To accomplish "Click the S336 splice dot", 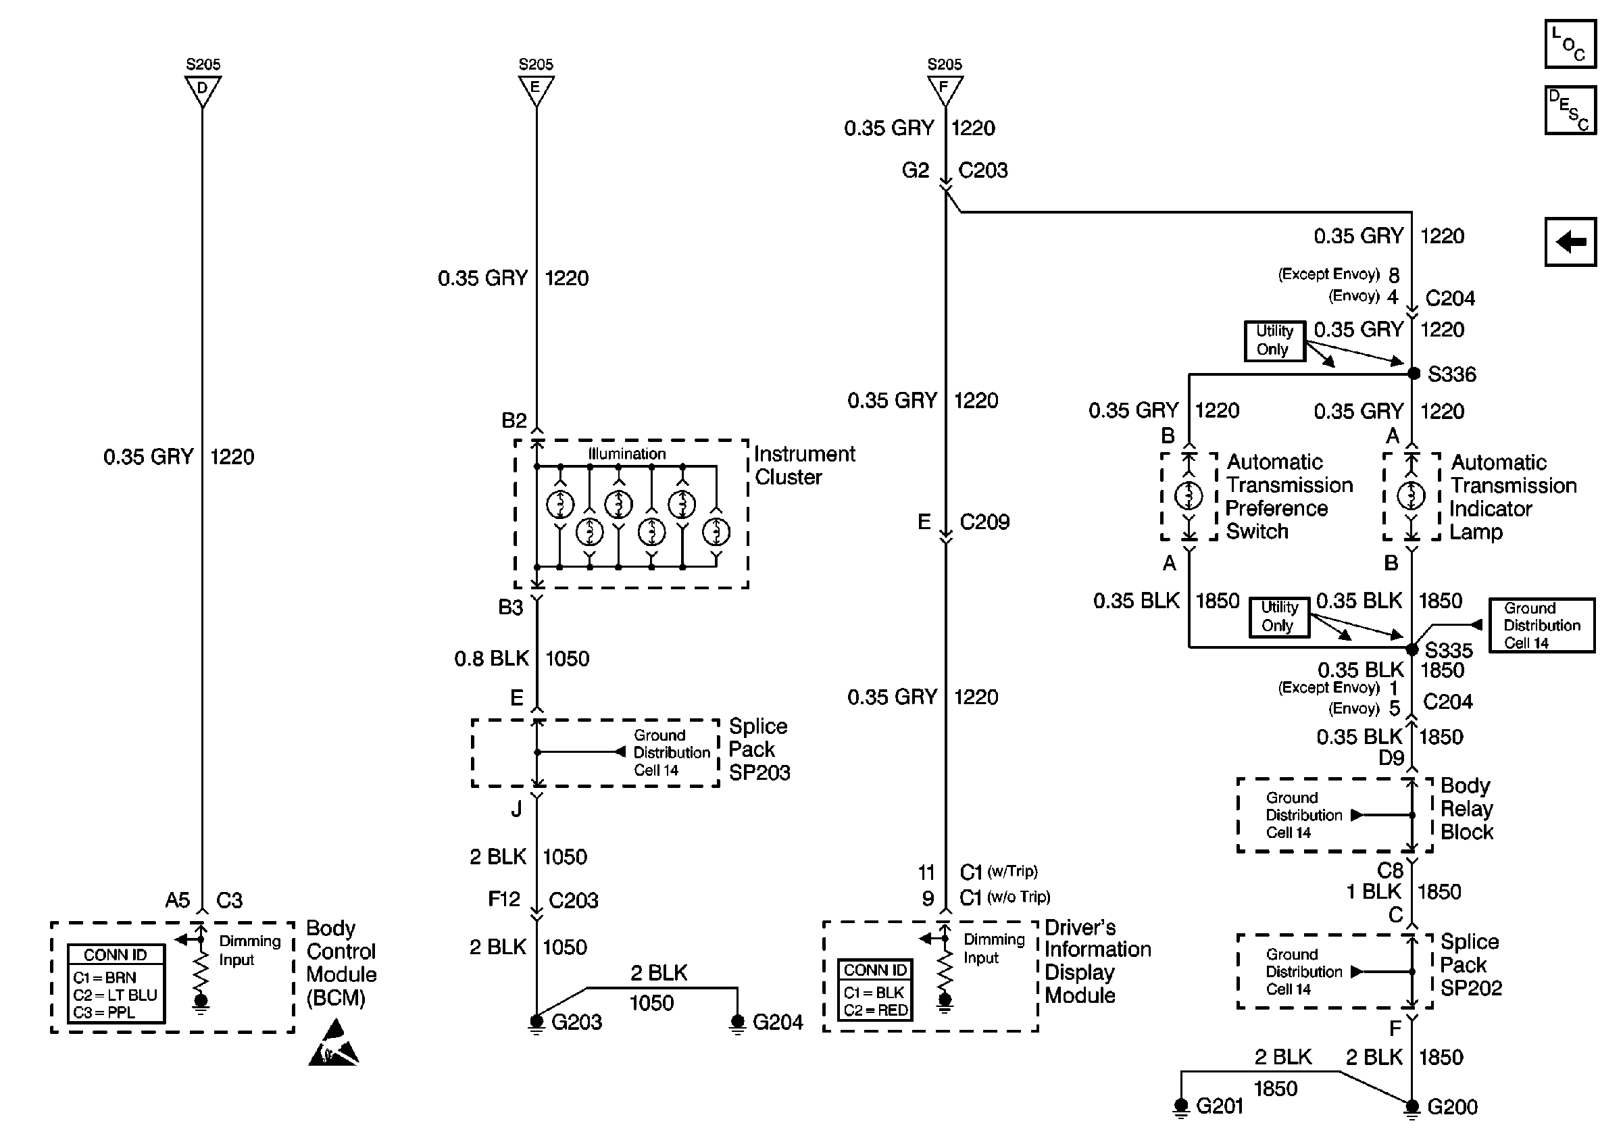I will pos(1413,373).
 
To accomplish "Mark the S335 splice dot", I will pos(1412,648).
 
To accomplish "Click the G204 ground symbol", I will pos(737,1022).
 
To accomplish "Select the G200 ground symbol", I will pos(1412,1107).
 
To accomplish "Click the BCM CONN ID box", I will pos(117,983).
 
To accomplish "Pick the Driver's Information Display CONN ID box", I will pos(875,989).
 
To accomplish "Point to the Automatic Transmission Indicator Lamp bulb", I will pos(1412,495).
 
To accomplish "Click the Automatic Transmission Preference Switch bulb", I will pos(1189,495).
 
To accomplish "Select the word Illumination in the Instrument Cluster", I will pos(627,454).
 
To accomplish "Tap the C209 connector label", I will pos(984,522).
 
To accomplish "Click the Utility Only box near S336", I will pos(1274,340).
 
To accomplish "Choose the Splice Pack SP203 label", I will pos(759,749).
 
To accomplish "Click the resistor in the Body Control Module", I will pos(201,972).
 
